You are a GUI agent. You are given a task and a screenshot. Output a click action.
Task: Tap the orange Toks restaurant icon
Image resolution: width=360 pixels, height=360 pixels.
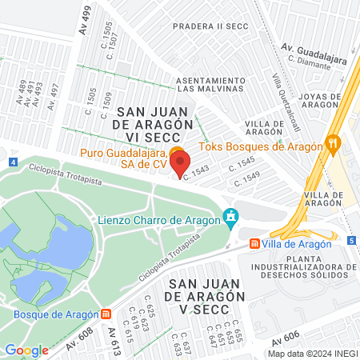(x=334, y=145)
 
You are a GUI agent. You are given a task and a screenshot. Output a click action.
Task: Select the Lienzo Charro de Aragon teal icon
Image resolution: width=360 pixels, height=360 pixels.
(x=231, y=216)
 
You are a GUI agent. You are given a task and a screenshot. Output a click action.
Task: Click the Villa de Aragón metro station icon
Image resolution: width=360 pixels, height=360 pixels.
(x=254, y=242)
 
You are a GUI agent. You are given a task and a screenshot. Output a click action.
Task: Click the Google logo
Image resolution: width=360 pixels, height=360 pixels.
(x=27, y=350)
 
